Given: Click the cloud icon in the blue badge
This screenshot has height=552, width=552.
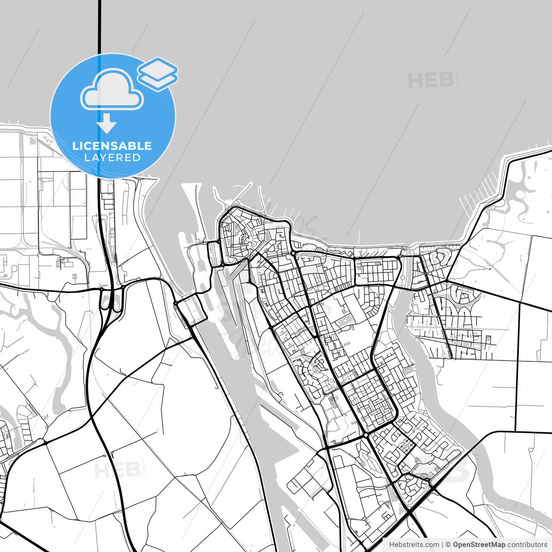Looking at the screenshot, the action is tap(112, 90).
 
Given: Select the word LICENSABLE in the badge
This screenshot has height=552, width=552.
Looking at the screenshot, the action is tap(112, 146).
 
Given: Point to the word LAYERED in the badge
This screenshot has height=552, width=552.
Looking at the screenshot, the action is tap(112, 158).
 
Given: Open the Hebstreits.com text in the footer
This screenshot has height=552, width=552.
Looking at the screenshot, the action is tap(414, 545).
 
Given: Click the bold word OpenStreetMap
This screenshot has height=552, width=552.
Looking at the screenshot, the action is tap(479, 545).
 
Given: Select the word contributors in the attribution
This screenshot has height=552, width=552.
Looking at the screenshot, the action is tap(527, 545).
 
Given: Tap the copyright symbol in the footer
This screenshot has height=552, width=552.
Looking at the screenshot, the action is tap(448, 545).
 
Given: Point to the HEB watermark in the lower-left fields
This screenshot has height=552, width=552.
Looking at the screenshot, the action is tap(117, 470).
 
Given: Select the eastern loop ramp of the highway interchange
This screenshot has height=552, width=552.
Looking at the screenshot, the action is tap(117, 302).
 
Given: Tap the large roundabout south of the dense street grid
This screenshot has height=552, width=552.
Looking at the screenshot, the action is tap(366, 436).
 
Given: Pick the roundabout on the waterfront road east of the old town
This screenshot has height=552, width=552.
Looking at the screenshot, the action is tap(293, 253).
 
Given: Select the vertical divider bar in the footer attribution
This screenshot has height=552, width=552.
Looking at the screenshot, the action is tap(443, 545).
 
